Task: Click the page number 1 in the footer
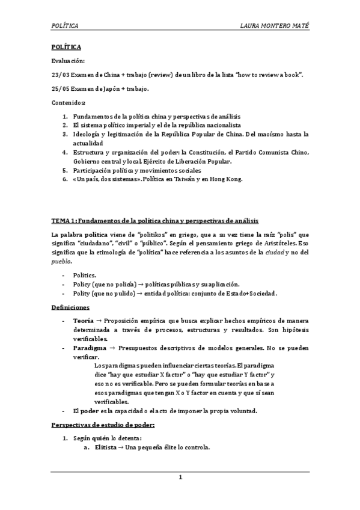click(180, 478)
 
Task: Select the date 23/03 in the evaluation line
click(60, 74)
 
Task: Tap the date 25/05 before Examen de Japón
click(60, 88)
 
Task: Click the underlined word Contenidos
click(69, 102)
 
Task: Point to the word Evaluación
click(68, 60)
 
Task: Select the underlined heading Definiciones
click(71, 307)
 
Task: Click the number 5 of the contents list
click(65, 170)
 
